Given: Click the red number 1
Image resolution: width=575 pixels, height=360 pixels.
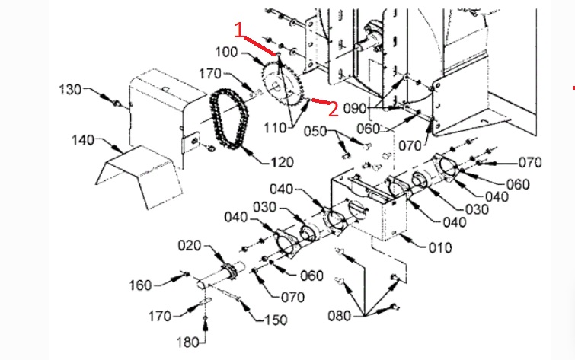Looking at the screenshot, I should pos(240,30).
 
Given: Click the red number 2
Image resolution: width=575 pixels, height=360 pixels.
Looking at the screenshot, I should pos(333,109).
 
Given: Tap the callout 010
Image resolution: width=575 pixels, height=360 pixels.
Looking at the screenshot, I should pos(439,247).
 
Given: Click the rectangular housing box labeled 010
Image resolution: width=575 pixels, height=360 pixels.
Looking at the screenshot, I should pos(373,213).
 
